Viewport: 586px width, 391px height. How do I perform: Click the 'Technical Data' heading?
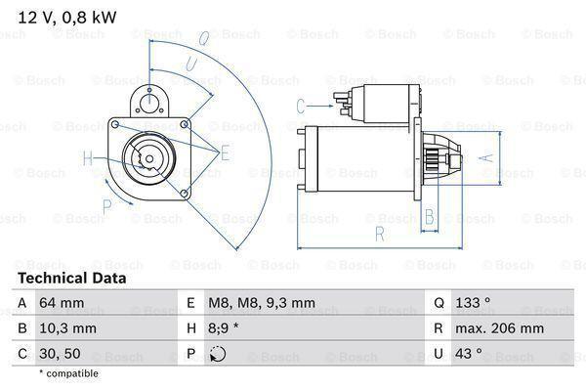pos(73,279)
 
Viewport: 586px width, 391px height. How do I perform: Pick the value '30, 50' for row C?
pos(60,354)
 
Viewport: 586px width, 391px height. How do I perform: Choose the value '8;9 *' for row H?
pos(225,329)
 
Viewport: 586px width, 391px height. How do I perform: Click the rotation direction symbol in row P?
pos(218,354)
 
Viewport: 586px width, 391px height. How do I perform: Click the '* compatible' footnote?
pos(68,373)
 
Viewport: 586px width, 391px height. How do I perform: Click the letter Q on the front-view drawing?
pos(204,40)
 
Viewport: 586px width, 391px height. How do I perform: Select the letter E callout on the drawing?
pos(224,152)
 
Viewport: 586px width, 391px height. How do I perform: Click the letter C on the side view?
pos(302,105)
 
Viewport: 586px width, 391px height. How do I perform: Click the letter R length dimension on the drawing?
pos(378,234)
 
